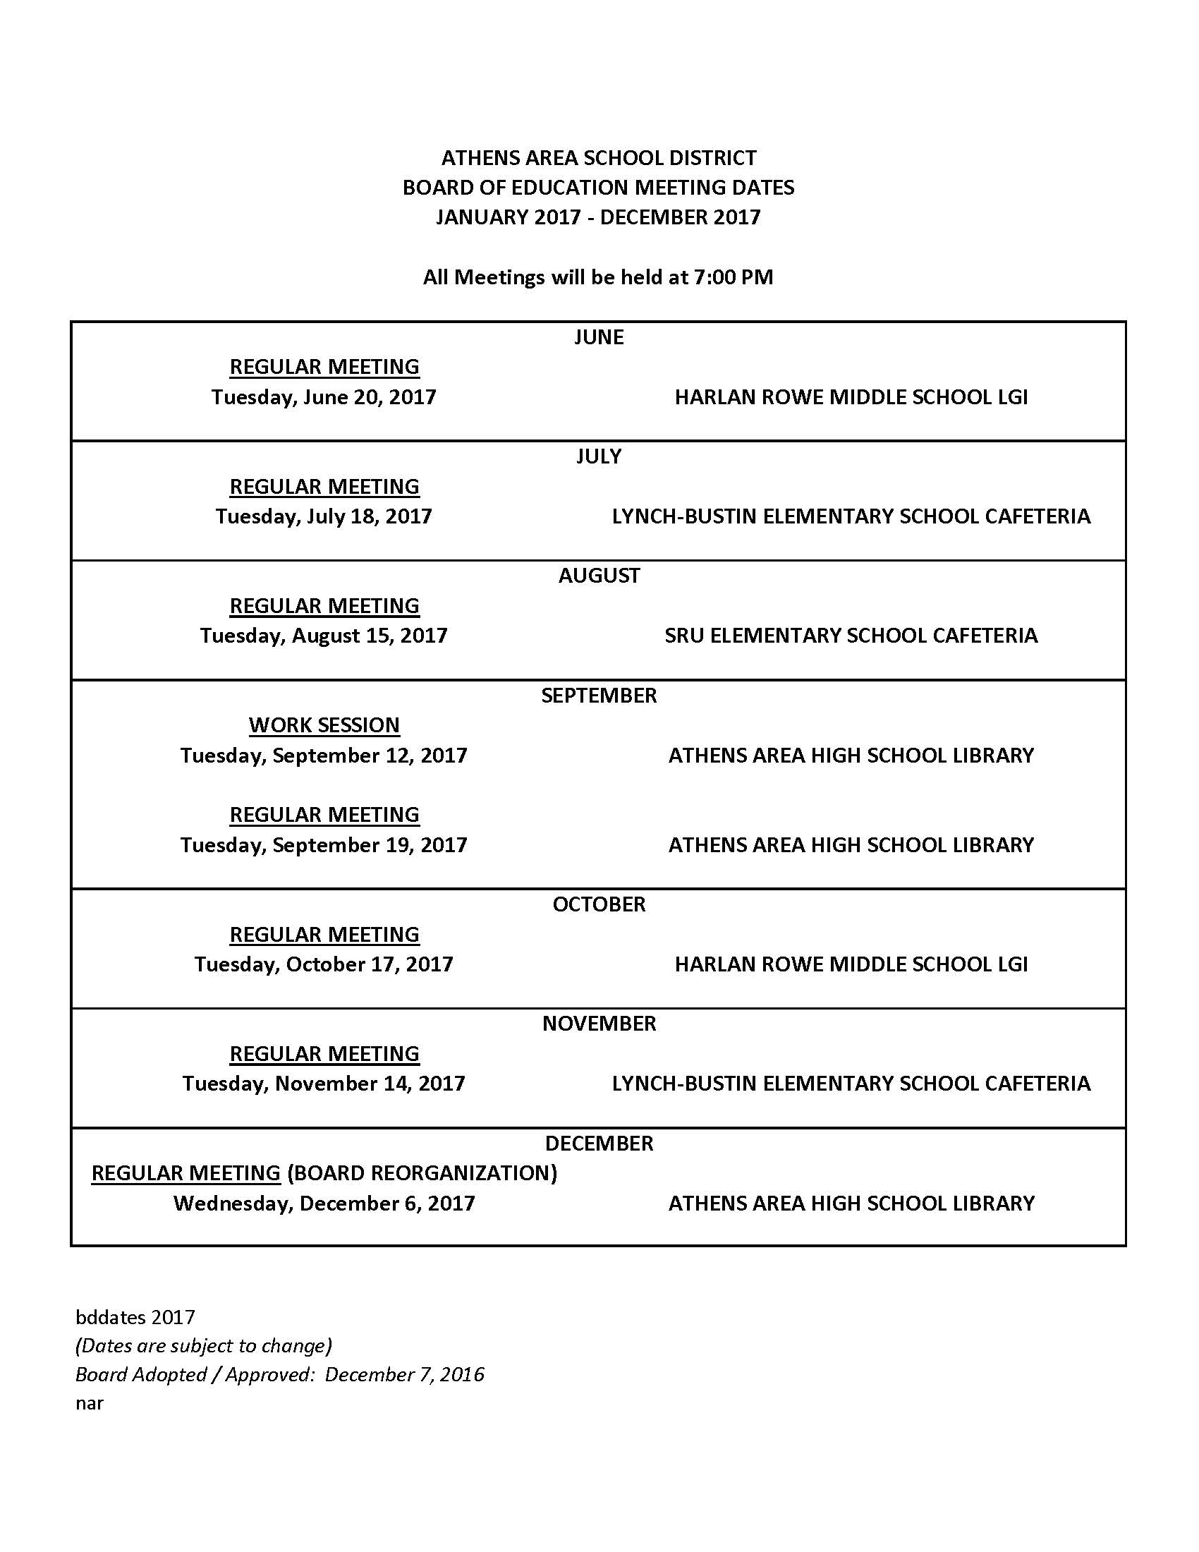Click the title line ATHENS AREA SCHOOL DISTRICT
[x=599, y=157]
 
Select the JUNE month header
[x=599, y=337]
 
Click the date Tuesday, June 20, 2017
[x=323, y=396]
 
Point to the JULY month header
[x=599, y=456]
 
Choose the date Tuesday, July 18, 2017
[x=323, y=516]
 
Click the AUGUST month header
[x=599, y=576]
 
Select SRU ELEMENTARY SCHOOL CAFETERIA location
[x=851, y=636]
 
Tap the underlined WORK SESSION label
[x=324, y=725]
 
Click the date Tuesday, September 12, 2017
[x=323, y=755]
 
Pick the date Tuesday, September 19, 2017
[x=323, y=844]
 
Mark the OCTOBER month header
[x=599, y=904]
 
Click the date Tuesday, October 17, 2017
[x=323, y=964]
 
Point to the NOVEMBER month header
[x=599, y=1024]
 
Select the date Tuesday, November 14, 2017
[x=323, y=1083]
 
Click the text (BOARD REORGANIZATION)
[x=422, y=1172]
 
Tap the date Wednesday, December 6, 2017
[x=323, y=1203]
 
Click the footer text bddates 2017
[x=135, y=1317]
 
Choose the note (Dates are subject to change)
[x=203, y=1345]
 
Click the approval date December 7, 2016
[x=404, y=1374]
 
